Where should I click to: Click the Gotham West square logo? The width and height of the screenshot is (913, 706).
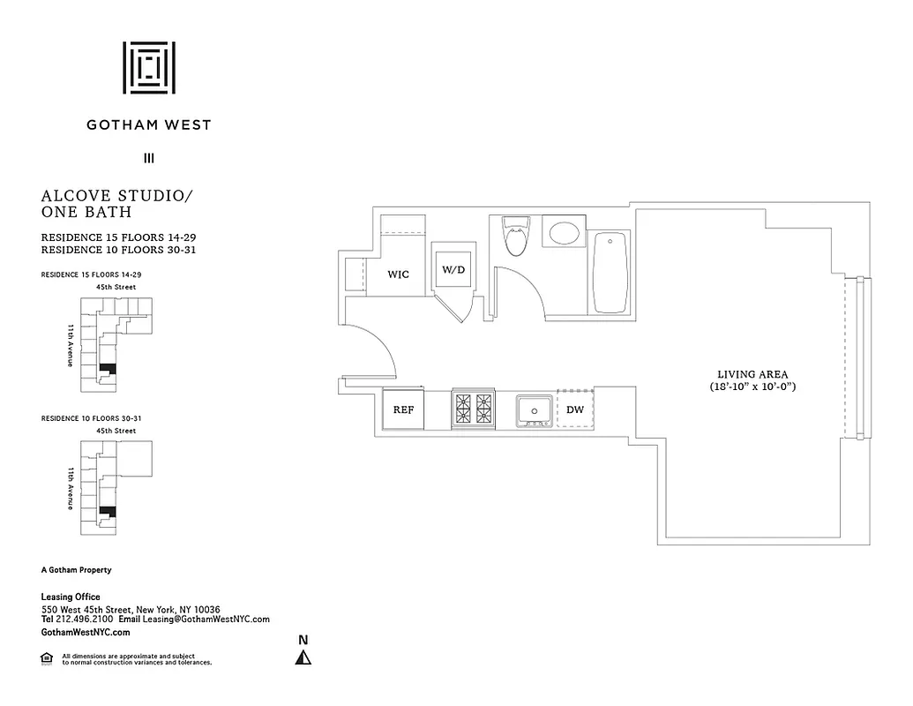(148, 67)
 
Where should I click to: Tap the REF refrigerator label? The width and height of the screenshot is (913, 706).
(403, 410)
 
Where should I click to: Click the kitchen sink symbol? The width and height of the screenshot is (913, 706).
(535, 410)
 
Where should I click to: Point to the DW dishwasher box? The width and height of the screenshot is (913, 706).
(575, 409)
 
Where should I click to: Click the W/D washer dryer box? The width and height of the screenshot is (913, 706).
(453, 269)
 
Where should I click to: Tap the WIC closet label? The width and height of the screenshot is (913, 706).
(399, 274)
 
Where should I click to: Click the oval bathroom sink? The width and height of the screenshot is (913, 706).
(565, 234)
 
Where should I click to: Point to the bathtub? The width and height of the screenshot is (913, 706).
(610, 272)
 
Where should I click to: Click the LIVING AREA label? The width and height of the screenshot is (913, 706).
(752, 373)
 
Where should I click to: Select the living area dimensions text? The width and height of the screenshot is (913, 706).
(752, 387)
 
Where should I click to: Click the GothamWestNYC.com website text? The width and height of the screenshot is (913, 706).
(86, 633)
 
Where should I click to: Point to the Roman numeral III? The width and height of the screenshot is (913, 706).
(148, 159)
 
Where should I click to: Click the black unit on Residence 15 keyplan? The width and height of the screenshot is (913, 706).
(108, 367)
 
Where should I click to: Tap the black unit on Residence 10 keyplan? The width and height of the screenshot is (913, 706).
(108, 511)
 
